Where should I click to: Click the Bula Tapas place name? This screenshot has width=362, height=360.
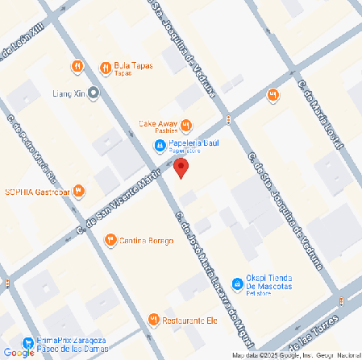click(x=133, y=65)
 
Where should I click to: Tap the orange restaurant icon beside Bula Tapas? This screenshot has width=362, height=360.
click(x=105, y=66)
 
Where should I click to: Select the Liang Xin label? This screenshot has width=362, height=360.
click(x=67, y=93)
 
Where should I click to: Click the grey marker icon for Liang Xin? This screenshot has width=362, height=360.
click(x=94, y=93)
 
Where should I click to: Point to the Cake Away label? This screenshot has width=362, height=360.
click(x=157, y=124)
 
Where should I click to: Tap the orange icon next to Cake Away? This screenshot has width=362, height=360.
click(x=186, y=124)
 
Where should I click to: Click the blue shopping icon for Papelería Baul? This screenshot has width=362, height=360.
click(x=161, y=145)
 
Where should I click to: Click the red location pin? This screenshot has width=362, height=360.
click(x=182, y=168)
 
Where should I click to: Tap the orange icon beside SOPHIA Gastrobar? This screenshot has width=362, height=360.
click(x=78, y=191)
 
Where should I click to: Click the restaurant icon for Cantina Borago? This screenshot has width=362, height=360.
click(x=110, y=238)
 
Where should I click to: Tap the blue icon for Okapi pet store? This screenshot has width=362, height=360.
click(x=237, y=284)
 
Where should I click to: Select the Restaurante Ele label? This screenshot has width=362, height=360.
click(x=190, y=320)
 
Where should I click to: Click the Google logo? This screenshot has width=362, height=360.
click(x=19, y=352)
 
